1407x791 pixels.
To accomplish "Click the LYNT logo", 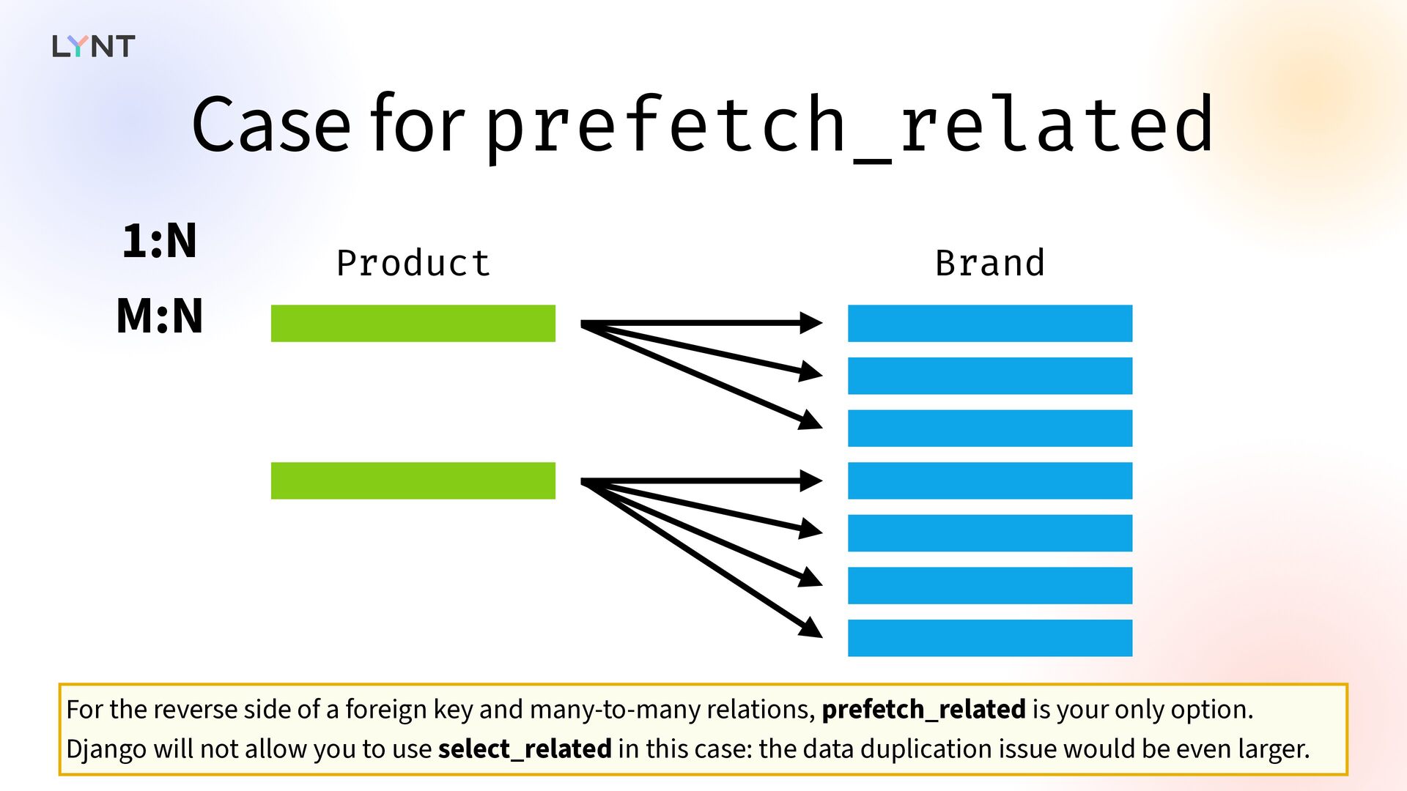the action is point(94,46).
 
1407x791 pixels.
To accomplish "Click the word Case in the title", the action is point(271,125).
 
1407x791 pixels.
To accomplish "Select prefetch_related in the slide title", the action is point(849,127).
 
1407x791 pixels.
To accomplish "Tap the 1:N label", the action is point(160,241).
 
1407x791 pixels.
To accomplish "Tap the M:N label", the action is point(160,316).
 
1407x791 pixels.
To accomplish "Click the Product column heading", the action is point(413,263).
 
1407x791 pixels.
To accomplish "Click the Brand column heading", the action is point(990,263).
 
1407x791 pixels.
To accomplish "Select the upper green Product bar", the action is point(413,323).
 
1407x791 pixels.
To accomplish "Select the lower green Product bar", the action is point(413,480).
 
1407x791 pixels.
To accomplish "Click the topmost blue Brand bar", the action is point(990,323).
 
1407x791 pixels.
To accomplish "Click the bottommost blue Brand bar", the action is point(990,638).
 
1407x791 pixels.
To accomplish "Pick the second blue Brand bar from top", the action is point(990,376).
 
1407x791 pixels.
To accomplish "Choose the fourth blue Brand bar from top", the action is point(990,480).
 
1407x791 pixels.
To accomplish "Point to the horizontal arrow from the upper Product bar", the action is point(702,323).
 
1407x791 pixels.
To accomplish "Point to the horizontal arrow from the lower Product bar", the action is point(702,480).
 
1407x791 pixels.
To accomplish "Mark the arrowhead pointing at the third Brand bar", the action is point(810,420).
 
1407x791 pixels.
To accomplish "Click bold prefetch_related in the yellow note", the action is point(923,709).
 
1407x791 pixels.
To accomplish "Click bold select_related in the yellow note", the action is point(525,749).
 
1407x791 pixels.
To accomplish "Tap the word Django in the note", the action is point(106,749).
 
